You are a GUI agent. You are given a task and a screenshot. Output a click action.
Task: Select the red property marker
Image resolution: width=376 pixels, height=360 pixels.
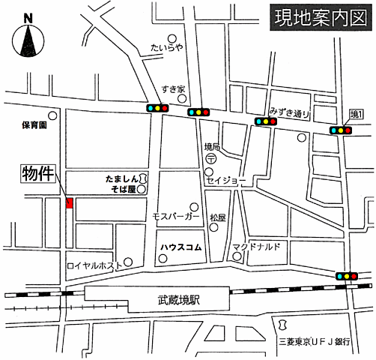[x=70, y=203]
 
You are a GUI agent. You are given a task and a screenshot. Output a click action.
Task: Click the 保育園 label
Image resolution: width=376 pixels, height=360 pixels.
[x=34, y=125]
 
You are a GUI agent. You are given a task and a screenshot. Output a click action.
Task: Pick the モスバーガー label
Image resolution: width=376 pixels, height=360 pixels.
[x=176, y=216]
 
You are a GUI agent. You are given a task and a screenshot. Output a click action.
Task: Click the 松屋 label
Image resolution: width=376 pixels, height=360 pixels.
[x=218, y=217]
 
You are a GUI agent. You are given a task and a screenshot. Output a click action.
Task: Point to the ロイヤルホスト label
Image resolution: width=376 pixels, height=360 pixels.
[x=95, y=265]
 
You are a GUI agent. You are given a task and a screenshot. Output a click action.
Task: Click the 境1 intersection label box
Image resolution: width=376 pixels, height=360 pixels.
[x=357, y=115]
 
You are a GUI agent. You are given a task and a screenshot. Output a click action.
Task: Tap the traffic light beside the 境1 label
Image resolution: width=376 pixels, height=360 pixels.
[x=342, y=130]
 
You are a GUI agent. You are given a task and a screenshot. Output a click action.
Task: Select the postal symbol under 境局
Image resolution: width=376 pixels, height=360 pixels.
[x=212, y=158]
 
